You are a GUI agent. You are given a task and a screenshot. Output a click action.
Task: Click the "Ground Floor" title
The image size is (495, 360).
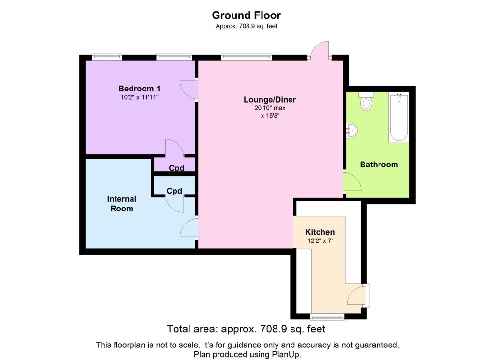(x=246, y=15)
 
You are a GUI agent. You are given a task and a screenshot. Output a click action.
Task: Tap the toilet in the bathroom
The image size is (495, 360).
(x=366, y=102)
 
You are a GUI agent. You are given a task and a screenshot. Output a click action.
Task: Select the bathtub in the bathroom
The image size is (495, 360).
(x=399, y=118)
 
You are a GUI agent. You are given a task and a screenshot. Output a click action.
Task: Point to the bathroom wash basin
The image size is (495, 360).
(x=352, y=130)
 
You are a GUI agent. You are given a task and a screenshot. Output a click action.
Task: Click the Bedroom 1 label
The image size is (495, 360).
(x=139, y=89)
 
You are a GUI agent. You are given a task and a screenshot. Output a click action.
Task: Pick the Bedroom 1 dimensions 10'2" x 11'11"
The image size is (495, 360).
(x=139, y=97)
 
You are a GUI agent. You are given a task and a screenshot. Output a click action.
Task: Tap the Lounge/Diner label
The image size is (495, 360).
(x=269, y=100)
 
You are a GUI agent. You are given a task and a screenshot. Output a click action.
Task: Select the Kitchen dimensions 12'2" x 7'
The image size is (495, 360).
(x=320, y=241)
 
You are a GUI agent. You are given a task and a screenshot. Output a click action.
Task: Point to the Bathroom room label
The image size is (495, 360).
(x=379, y=165)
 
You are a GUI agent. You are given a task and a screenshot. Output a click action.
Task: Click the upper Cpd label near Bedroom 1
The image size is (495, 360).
(x=176, y=168)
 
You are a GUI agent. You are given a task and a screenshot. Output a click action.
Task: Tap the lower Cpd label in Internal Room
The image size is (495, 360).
(x=174, y=191)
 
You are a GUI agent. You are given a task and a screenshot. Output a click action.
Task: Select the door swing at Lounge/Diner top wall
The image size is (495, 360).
(x=320, y=50)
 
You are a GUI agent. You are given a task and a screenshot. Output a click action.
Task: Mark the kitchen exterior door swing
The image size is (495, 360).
(x=358, y=295)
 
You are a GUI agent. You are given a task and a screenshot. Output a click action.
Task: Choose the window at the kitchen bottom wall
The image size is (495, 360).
(x=327, y=317)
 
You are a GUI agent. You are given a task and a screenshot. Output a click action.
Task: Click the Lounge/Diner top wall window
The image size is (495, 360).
(x=247, y=57)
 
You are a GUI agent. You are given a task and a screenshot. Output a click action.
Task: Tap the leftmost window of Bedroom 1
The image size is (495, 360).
(x=107, y=57)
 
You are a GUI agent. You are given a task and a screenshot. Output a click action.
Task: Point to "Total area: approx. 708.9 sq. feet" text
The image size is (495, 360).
(x=246, y=330)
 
